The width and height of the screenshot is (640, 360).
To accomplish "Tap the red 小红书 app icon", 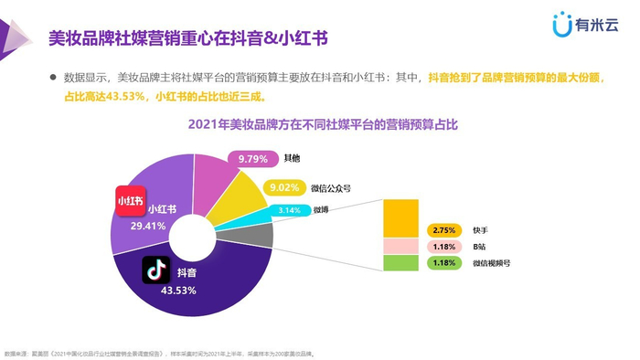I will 130,201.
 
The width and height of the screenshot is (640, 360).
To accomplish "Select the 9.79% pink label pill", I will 252,159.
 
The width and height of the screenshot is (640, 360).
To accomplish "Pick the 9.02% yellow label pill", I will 281,189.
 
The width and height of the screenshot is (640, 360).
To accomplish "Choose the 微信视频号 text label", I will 493,263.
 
